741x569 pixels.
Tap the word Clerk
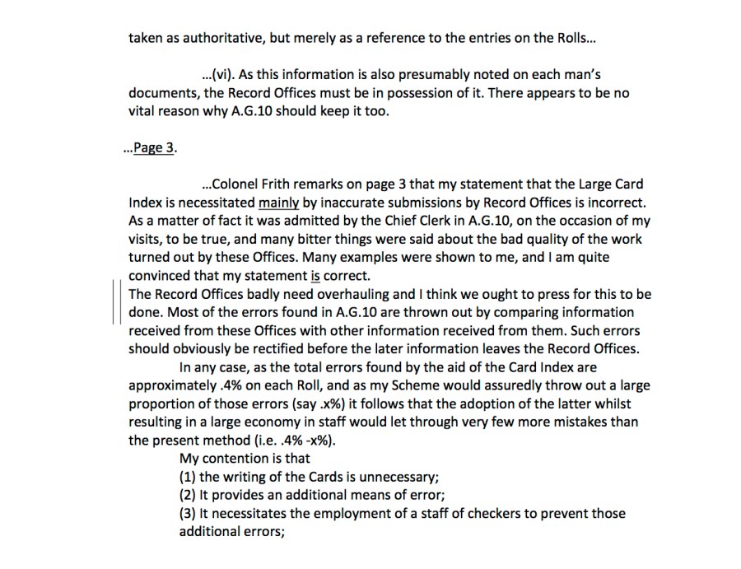[441, 221]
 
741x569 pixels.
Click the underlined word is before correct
[315, 275]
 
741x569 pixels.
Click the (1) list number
[188, 476]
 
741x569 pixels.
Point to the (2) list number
[188, 494]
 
